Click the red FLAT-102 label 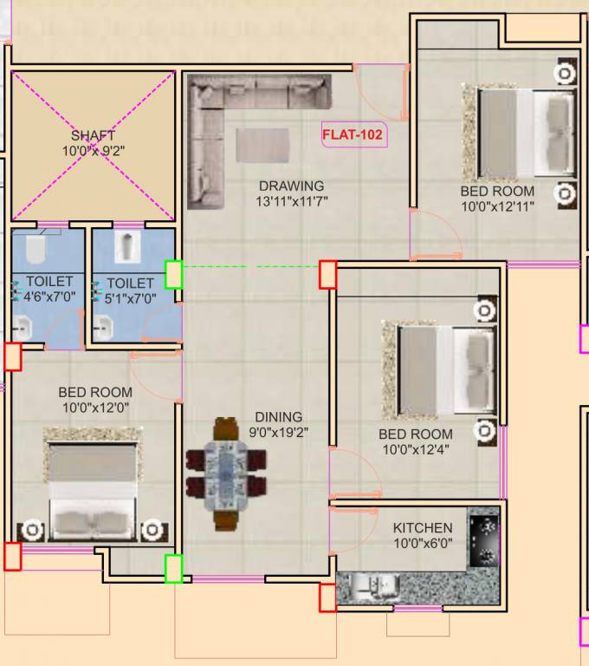(353, 134)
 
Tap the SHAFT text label (93, 135)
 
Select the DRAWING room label (291, 186)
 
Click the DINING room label (278, 416)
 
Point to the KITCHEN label (422, 528)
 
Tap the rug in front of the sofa (262, 145)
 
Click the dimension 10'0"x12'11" (497, 206)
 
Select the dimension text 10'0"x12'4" (415, 449)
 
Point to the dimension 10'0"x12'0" (94, 408)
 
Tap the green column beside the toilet (174, 274)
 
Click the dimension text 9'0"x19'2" (278, 432)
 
